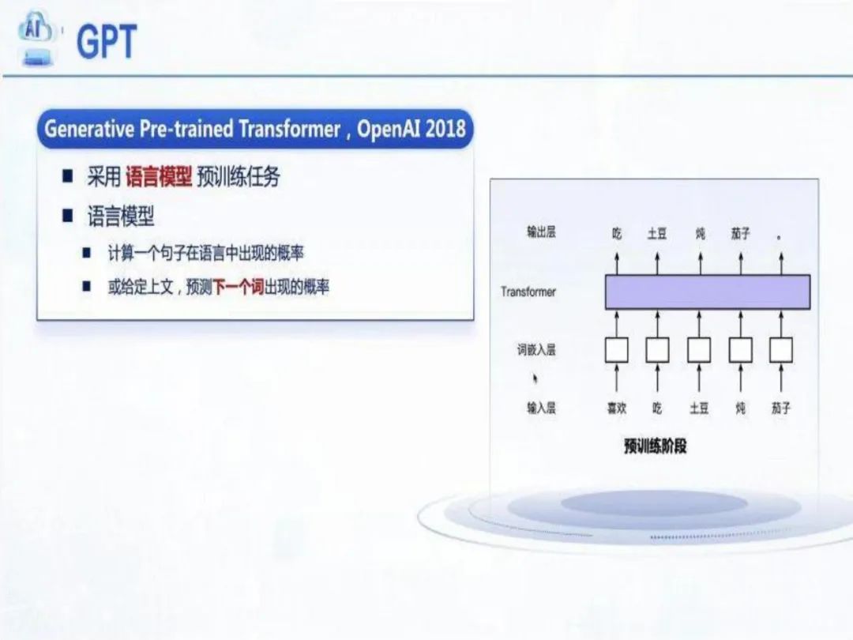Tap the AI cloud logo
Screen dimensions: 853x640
point(36,38)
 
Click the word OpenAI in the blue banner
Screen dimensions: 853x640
point(389,129)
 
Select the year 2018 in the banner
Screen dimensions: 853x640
point(445,129)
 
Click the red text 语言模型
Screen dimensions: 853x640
point(158,177)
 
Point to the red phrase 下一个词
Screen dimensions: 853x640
point(239,287)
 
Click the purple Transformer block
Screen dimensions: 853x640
point(708,292)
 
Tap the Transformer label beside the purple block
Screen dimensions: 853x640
point(528,292)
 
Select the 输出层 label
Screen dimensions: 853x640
point(541,232)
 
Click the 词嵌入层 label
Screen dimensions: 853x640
point(536,349)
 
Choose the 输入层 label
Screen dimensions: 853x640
point(541,408)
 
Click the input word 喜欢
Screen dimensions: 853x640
point(616,408)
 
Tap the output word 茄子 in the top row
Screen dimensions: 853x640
point(740,233)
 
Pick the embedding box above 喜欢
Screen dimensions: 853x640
point(616,350)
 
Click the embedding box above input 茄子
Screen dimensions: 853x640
point(780,350)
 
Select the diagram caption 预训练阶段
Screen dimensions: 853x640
point(655,446)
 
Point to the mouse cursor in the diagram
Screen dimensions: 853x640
point(535,378)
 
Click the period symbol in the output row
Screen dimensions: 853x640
point(780,237)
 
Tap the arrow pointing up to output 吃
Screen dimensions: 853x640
point(616,263)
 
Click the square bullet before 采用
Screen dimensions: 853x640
point(67,176)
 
